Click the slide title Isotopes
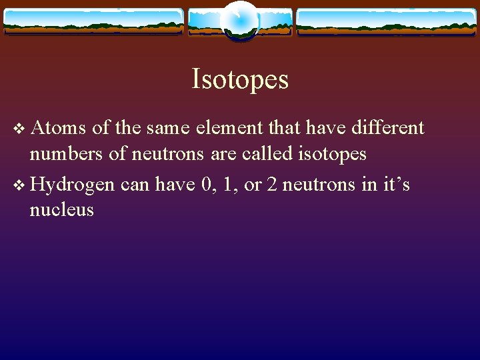click(240, 79)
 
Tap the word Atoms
click(53, 127)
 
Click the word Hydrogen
click(72, 183)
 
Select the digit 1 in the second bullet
click(230, 183)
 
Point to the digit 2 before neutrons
click(271, 183)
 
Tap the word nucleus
click(61, 211)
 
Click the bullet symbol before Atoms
click(18, 128)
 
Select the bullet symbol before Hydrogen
click(18, 184)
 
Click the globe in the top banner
click(239, 20)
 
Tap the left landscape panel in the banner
click(93, 21)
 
